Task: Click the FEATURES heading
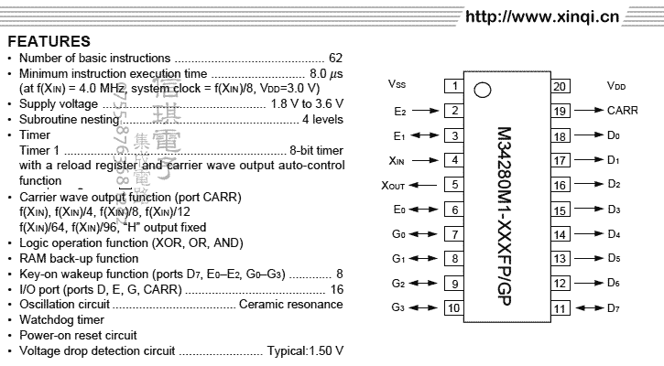tap(49, 41)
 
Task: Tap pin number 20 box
tap(561, 86)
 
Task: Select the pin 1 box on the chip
tap(453, 86)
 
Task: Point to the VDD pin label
tap(615, 86)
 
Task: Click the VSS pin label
tap(397, 86)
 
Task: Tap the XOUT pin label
tap(394, 185)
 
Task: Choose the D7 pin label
tap(614, 308)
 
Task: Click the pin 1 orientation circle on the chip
tap(483, 91)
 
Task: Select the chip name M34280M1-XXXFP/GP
tap(506, 197)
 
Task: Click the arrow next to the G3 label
tap(426, 308)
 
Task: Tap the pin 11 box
tap(561, 308)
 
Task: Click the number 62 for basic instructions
tap(335, 58)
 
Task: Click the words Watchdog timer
tap(61, 320)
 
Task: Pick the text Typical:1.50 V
tap(306, 350)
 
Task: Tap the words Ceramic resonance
tap(291, 304)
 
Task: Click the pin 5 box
tap(453, 185)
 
